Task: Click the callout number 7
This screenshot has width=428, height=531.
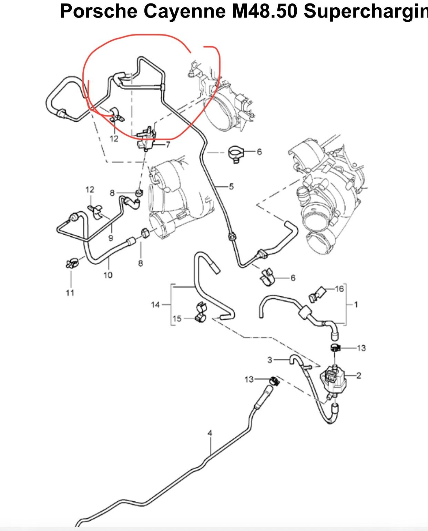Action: click(x=168, y=145)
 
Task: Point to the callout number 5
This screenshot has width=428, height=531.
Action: click(x=231, y=186)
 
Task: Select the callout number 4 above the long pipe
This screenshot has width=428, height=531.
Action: click(x=210, y=433)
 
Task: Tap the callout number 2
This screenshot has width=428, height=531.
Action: click(x=358, y=375)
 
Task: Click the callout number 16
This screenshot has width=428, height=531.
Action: click(x=339, y=288)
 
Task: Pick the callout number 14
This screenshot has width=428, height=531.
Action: click(x=155, y=305)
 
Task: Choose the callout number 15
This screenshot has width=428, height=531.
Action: click(x=177, y=318)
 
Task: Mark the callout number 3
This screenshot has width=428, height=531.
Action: click(x=270, y=360)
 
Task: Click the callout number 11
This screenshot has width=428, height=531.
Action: click(x=70, y=293)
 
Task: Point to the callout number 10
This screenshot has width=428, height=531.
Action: click(x=108, y=275)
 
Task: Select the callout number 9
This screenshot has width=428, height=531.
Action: click(x=111, y=238)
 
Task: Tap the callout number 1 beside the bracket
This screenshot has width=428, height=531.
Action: click(x=356, y=305)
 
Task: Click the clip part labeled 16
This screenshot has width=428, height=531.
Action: click(x=316, y=294)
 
